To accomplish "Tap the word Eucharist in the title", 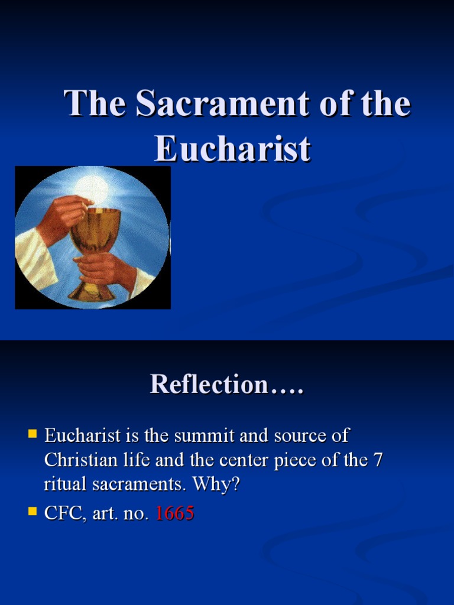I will (x=232, y=149).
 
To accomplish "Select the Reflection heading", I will (x=226, y=384).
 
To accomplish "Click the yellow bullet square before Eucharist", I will (x=33, y=435).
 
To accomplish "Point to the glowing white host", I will (x=92, y=190).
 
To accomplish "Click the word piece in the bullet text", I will (x=313, y=460).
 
